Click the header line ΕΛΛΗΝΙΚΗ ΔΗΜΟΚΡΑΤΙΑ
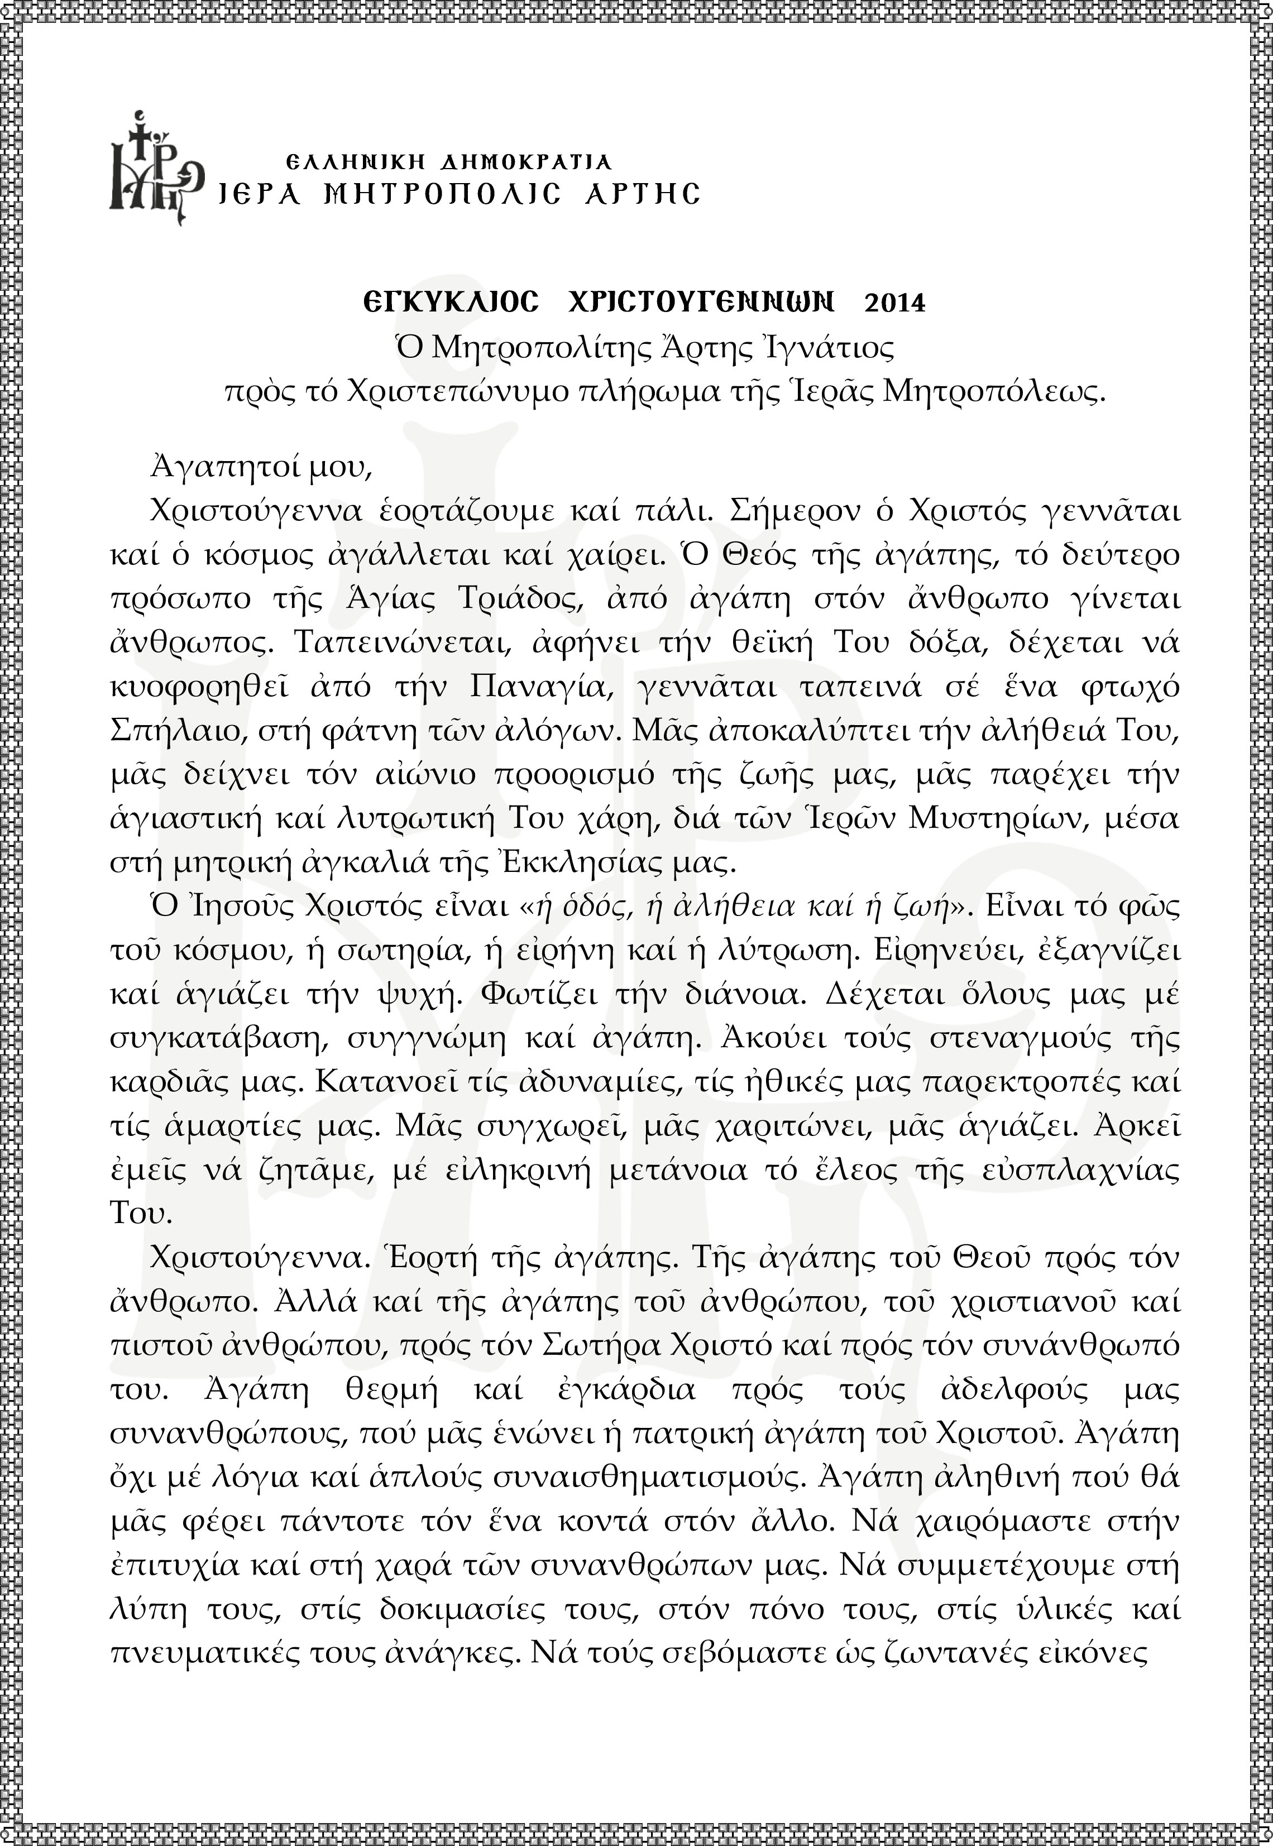(448, 162)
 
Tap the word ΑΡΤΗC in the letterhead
(642, 194)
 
